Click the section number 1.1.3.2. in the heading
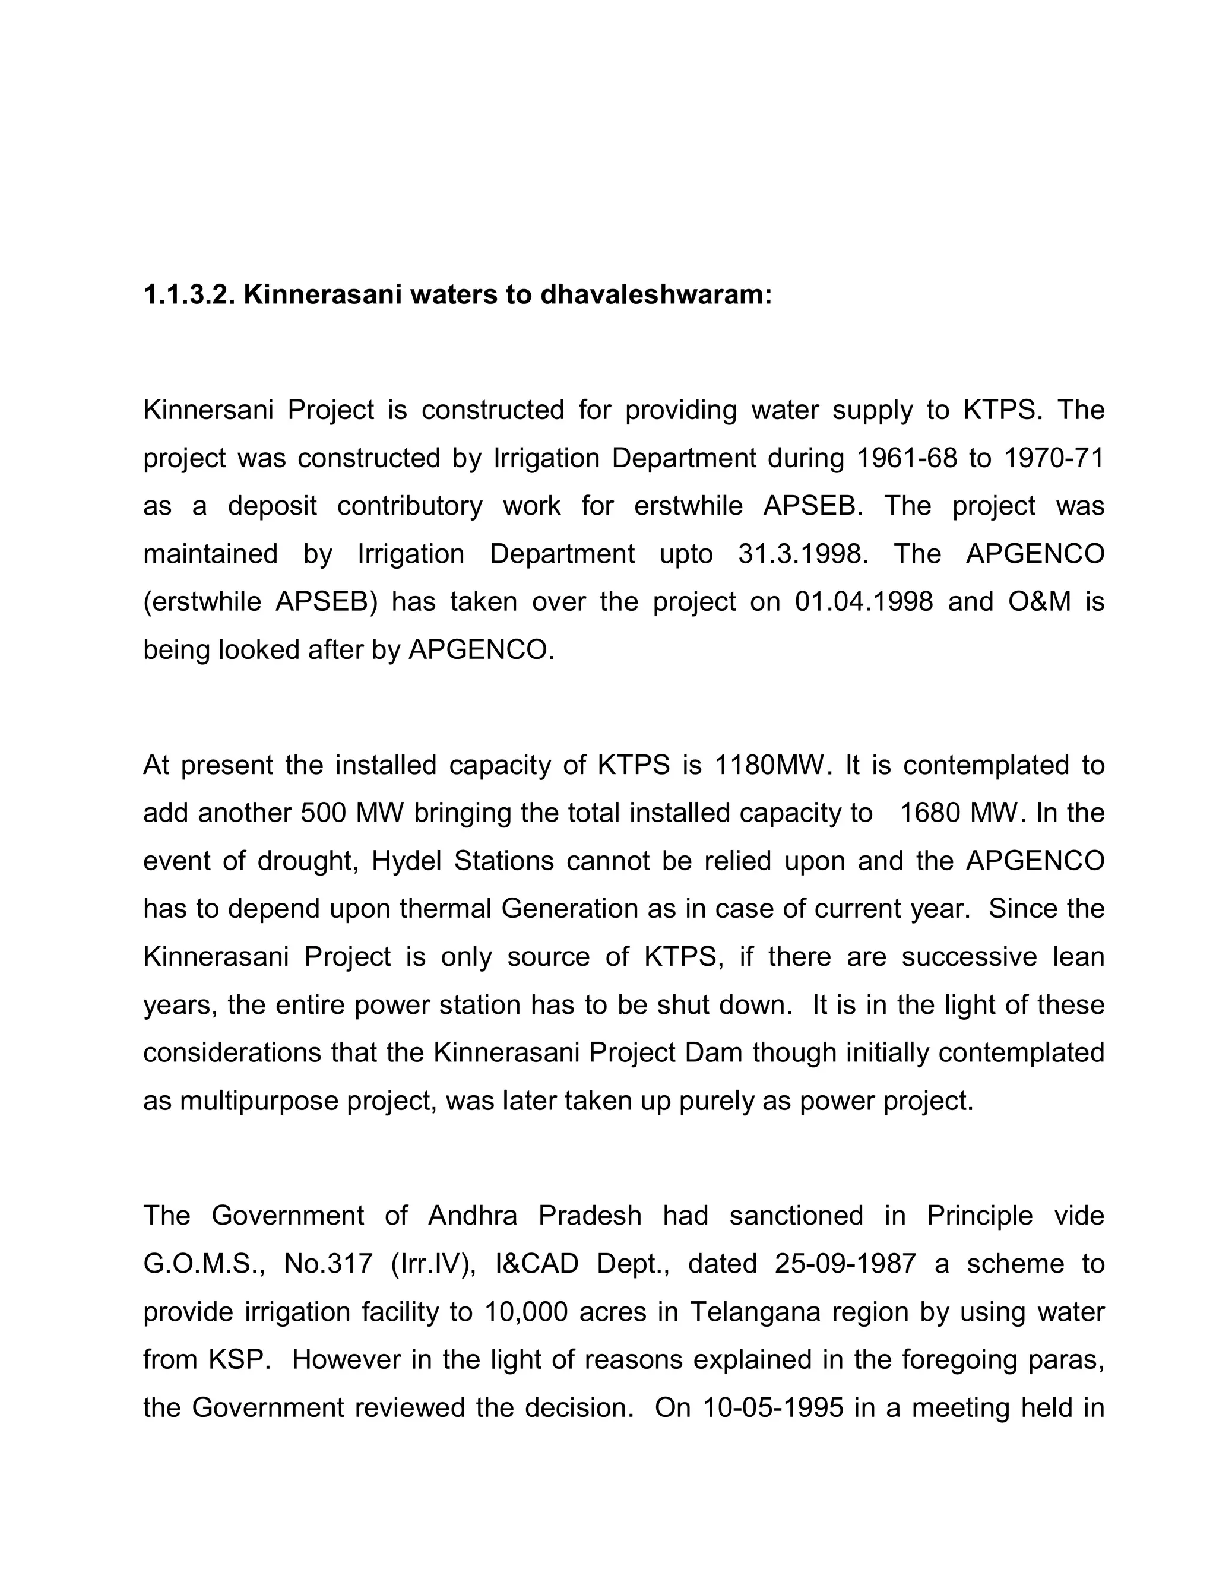tap(189, 295)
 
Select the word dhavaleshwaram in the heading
tap(655, 295)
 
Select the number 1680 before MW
tap(929, 813)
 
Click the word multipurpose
tap(258, 1101)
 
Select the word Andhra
tap(473, 1216)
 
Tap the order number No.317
tap(328, 1264)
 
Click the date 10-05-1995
tap(773, 1407)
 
